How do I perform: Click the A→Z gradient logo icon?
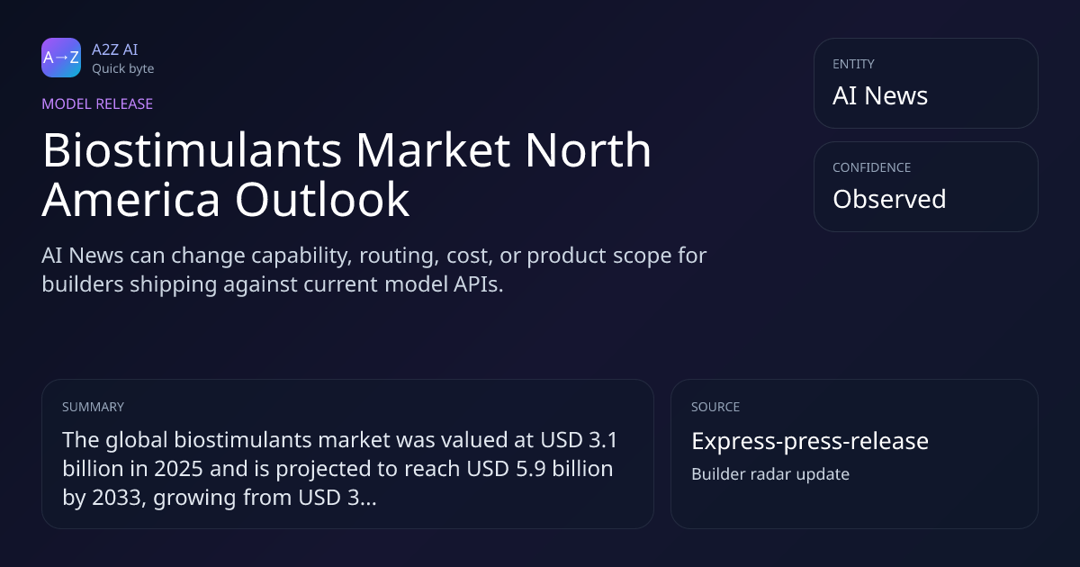click(x=61, y=58)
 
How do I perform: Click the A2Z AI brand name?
click(x=115, y=49)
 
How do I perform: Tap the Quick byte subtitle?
click(x=123, y=69)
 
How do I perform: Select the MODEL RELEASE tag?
click(x=97, y=103)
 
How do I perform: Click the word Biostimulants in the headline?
click(x=192, y=150)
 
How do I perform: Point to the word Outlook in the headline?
click(x=322, y=199)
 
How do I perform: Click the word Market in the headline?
click(x=433, y=150)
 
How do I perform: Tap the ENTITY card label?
click(x=853, y=64)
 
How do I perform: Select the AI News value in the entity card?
click(x=880, y=95)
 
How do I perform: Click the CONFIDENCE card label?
click(x=872, y=167)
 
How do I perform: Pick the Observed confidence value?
click(x=889, y=199)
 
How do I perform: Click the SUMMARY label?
click(x=93, y=407)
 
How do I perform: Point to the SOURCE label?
click(x=715, y=407)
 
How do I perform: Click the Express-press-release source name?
click(x=810, y=441)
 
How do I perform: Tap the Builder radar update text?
click(x=770, y=474)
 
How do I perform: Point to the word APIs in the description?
click(x=478, y=284)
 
